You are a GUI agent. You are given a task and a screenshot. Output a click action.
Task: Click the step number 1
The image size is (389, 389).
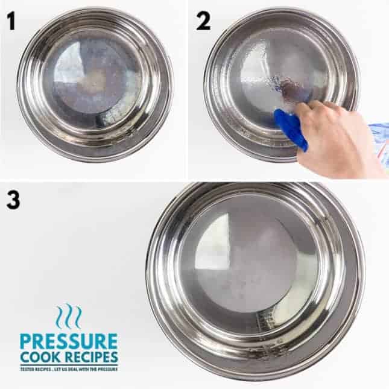click(10, 21)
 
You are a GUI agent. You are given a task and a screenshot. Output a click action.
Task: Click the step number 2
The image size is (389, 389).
click(203, 21)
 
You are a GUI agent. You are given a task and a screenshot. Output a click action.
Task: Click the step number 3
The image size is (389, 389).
click(13, 200)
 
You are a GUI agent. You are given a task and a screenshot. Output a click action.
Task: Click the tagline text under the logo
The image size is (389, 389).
click(68, 368)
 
